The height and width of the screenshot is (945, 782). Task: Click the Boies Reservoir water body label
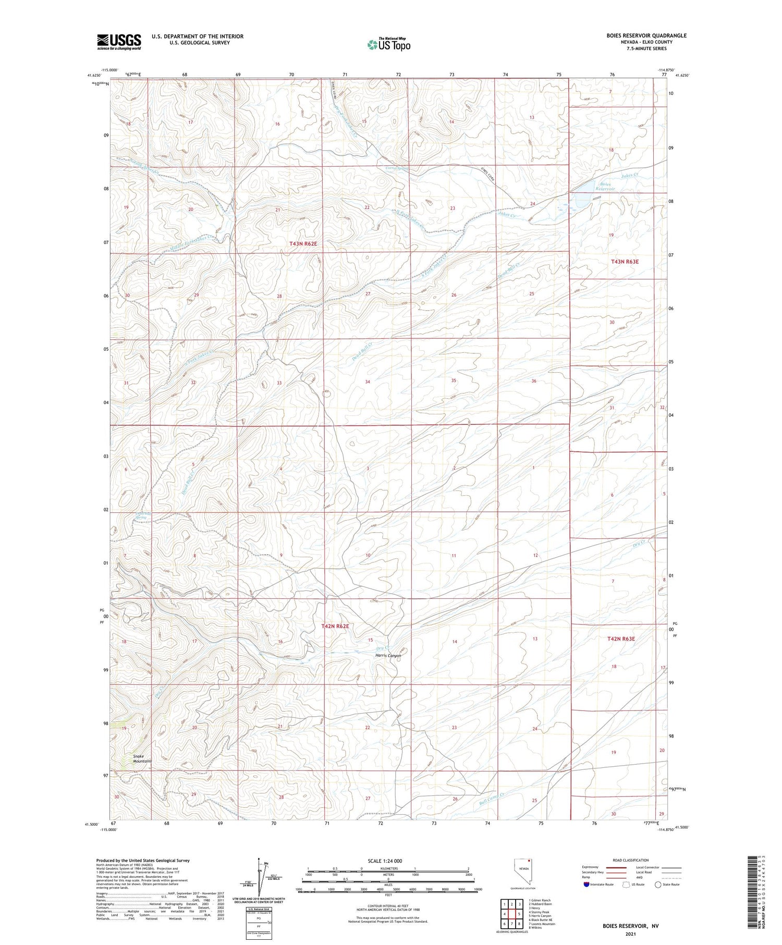tap(605, 186)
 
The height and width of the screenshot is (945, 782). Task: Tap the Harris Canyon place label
tap(388, 655)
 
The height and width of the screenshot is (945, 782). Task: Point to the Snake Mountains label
tap(142, 758)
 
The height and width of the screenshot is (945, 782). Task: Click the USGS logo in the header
tap(119, 42)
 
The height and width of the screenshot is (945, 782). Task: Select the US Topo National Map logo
tap(388, 44)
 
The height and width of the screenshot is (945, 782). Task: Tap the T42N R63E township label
tap(620, 639)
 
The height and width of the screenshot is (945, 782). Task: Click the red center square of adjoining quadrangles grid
tap(519, 914)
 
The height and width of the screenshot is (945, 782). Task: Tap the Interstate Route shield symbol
tap(587, 884)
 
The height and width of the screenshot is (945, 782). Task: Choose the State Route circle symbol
tap(658, 884)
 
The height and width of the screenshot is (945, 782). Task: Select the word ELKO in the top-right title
tap(633, 42)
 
